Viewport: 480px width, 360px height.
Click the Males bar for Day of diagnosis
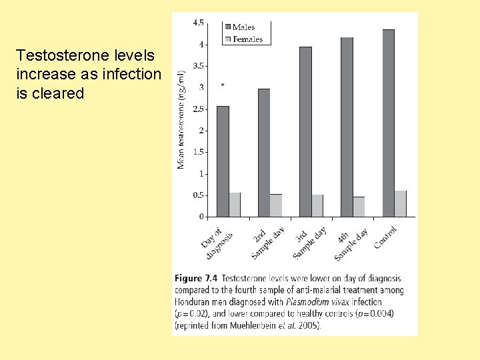pyautogui.click(x=223, y=161)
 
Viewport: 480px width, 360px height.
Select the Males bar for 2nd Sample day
pyautogui.click(x=264, y=153)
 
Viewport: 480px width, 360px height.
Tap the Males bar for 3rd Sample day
pyautogui.click(x=305, y=131)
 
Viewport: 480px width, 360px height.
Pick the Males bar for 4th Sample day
pyautogui.click(x=347, y=127)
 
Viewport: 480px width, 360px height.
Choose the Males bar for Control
pyautogui.click(x=388, y=123)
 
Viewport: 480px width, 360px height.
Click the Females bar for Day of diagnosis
pyautogui.click(x=235, y=205)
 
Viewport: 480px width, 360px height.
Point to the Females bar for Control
pyautogui.click(x=400, y=203)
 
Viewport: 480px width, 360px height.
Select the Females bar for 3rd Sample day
pyautogui.click(x=317, y=205)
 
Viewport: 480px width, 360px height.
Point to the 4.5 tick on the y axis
pyautogui.click(x=199, y=23)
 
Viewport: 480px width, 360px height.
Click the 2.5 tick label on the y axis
pyautogui.click(x=199, y=109)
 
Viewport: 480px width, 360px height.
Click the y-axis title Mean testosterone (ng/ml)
pyautogui.click(x=181, y=120)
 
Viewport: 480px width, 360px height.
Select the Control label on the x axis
pyautogui.click(x=386, y=237)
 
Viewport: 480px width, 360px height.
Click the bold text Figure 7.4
pyautogui.click(x=196, y=278)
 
